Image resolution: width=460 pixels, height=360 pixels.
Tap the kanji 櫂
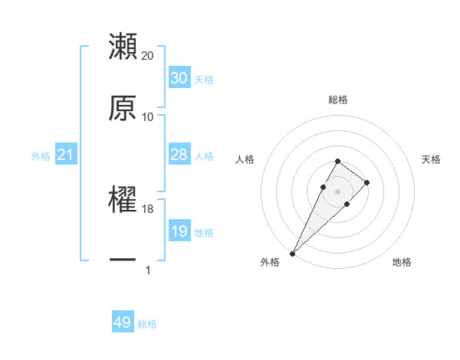pyautogui.click(x=123, y=200)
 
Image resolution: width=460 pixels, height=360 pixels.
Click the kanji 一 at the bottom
pyautogui.click(x=123, y=261)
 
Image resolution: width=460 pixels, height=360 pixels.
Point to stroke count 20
pyautogui.click(x=148, y=56)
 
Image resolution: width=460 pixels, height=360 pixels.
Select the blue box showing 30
pyautogui.click(x=179, y=78)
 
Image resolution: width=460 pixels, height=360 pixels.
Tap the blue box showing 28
pyautogui.click(x=179, y=155)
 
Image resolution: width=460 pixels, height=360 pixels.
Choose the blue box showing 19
pyautogui.click(x=179, y=231)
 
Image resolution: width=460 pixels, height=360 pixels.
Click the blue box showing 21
pyautogui.click(x=66, y=155)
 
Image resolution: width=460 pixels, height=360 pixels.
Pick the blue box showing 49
pyautogui.click(x=123, y=322)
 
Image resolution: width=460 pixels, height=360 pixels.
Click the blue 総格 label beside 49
pyautogui.click(x=147, y=324)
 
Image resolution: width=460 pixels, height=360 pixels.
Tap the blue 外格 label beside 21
pyautogui.click(x=41, y=156)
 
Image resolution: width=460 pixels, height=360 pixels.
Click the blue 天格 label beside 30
pyautogui.click(x=204, y=80)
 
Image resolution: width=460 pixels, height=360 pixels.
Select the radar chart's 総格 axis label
pyautogui.click(x=338, y=100)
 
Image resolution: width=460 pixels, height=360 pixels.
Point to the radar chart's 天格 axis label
pyautogui.click(x=432, y=159)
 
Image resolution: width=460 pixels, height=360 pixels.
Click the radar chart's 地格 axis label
pyautogui.click(x=402, y=262)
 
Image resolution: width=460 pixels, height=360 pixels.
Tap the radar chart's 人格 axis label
pyautogui.click(x=245, y=159)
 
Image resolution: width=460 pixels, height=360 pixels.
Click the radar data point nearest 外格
pyautogui.click(x=293, y=253)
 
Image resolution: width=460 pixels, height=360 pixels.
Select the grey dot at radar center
pyautogui.click(x=338, y=191)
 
